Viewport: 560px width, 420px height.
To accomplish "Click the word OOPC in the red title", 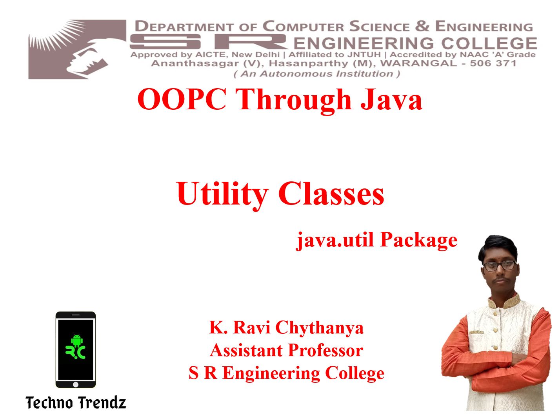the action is click(x=182, y=99).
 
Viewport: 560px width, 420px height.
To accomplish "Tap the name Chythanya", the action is click(x=319, y=328).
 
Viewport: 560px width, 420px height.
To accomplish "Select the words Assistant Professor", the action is click(x=286, y=350).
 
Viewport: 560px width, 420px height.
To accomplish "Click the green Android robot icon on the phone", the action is click(x=77, y=340).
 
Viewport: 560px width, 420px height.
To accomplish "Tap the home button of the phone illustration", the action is click(x=76, y=384).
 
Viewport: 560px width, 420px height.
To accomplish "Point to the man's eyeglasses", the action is click(x=499, y=266).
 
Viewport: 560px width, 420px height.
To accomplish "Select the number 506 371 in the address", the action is click(x=493, y=63).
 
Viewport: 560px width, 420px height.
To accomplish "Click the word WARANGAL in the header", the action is click(x=418, y=63).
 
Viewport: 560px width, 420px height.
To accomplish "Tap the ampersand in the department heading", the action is click(x=422, y=26).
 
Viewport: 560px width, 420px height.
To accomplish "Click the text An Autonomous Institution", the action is click(x=316, y=74).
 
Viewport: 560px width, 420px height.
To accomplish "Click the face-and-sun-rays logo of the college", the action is click(x=77, y=49).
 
